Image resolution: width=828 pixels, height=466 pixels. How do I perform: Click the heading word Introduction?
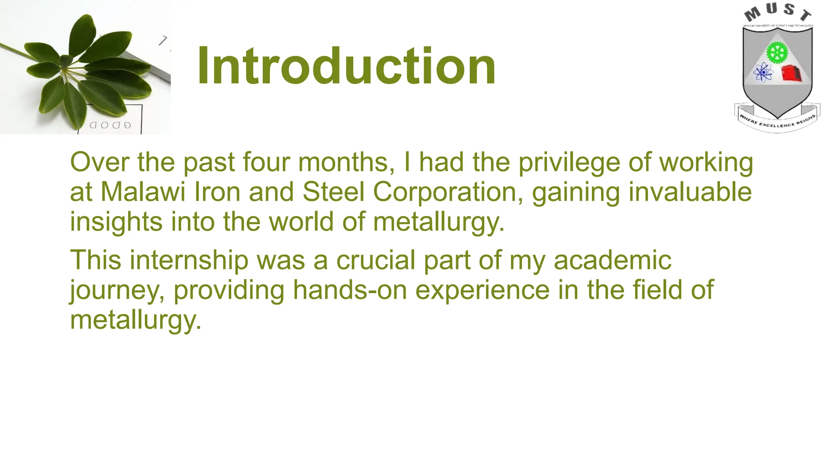pos(346,66)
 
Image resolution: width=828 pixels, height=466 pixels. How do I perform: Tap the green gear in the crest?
pos(777,52)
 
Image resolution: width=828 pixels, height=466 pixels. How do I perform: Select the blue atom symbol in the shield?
pos(763,73)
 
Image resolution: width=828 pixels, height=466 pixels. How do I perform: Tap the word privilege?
pos(569,163)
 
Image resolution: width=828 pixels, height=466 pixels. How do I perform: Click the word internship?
pos(189,260)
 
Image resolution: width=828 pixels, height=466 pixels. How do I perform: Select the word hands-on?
pos(350,290)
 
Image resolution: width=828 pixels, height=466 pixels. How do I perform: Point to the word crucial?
pos(376,260)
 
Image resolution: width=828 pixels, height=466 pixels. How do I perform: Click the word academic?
pos(612,260)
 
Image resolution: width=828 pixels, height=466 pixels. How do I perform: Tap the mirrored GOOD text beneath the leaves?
pos(110,125)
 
